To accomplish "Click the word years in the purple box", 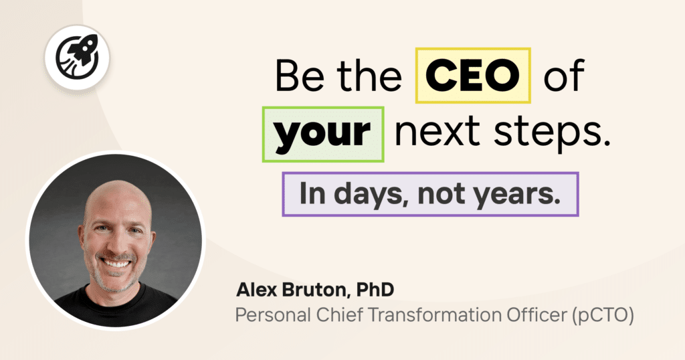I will click(523, 193).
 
